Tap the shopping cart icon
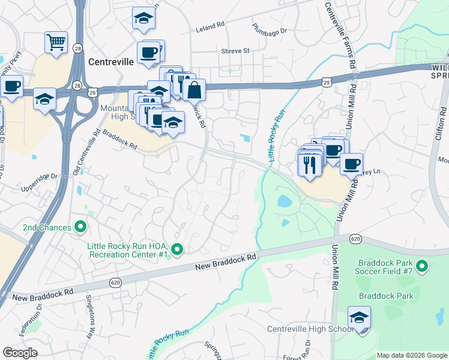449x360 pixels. (56, 43)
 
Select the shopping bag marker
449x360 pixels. (194, 91)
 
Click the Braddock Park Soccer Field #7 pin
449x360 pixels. (422, 265)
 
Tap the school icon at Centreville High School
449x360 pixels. (359, 317)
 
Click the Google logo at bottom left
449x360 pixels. (20, 353)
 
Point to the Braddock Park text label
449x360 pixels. (387, 296)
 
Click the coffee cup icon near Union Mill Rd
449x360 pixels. (351, 163)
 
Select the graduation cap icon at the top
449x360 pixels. (143, 18)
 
